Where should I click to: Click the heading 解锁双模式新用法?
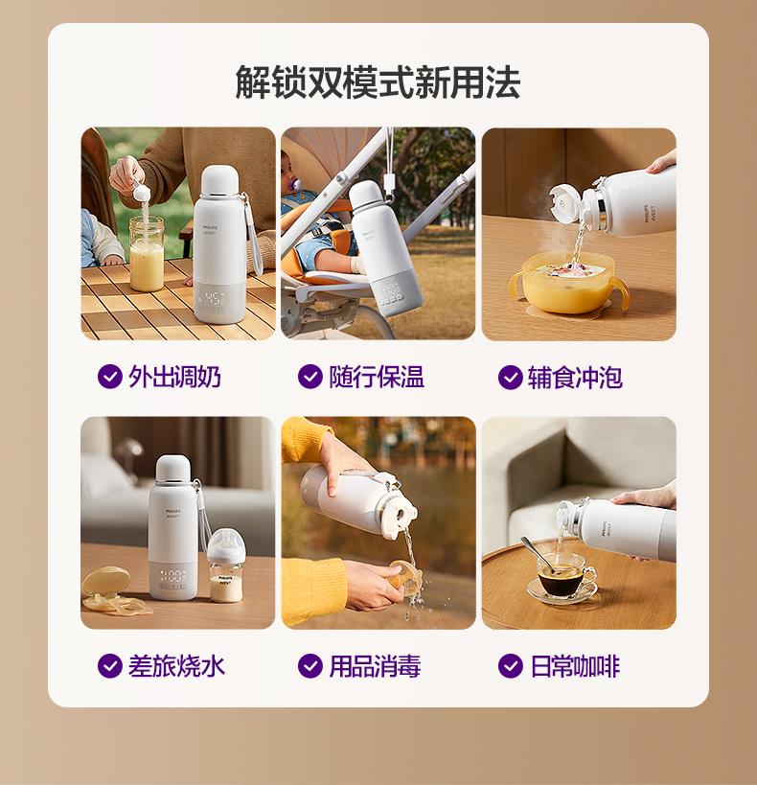pyautogui.click(x=378, y=82)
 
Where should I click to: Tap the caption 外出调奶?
pyautogui.click(x=174, y=377)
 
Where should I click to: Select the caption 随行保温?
pyautogui.click(x=377, y=377)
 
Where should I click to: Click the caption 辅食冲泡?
pyautogui.click(x=575, y=377)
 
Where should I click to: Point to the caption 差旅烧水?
pyautogui.click(x=176, y=666)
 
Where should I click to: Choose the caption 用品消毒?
pyautogui.click(x=375, y=666)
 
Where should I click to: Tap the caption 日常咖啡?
pyautogui.click(x=575, y=666)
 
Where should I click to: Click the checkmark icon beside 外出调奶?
pyautogui.click(x=110, y=377)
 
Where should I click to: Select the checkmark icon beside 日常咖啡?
pyautogui.click(x=511, y=666)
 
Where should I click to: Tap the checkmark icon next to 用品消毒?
pyautogui.click(x=310, y=666)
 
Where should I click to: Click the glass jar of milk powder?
pyautogui.click(x=147, y=254)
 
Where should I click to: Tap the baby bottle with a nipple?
pyautogui.click(x=226, y=566)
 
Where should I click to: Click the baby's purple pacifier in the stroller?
pyautogui.click(x=295, y=184)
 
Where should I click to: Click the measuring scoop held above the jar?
pyautogui.click(x=141, y=190)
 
